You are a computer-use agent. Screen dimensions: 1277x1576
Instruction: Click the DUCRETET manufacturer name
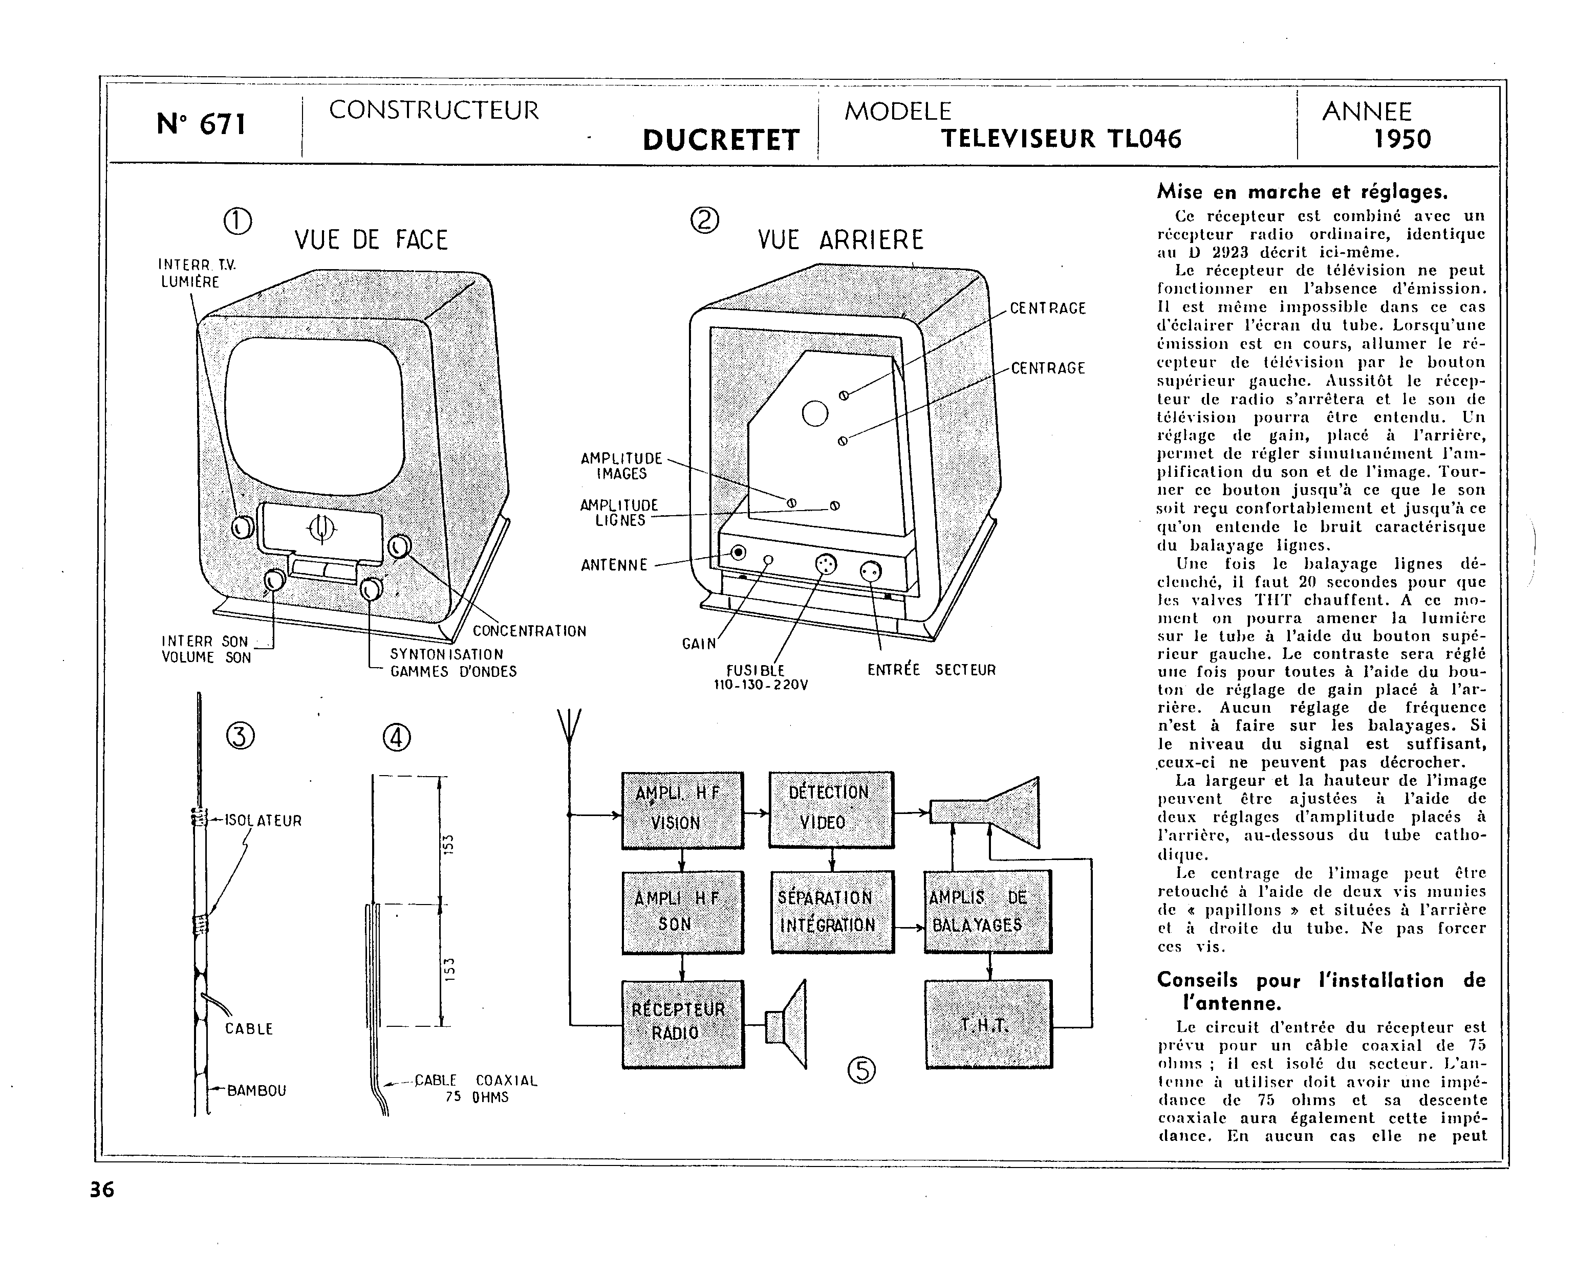click(x=720, y=140)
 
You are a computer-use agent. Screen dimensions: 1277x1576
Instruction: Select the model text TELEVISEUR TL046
click(x=1061, y=138)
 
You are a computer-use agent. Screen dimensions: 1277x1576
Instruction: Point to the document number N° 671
click(x=201, y=124)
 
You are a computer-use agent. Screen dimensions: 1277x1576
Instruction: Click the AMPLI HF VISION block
click(x=682, y=810)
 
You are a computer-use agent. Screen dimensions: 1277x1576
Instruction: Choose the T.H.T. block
click(x=987, y=1023)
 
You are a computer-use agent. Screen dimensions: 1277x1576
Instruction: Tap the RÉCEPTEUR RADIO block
click(x=682, y=1023)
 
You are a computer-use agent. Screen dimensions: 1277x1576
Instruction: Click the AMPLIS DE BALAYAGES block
click(x=987, y=911)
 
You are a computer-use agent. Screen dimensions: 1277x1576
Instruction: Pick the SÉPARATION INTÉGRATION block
click(x=832, y=911)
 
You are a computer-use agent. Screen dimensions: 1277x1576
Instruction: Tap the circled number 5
click(x=861, y=1070)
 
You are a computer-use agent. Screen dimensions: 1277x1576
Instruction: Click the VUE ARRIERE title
click(x=840, y=240)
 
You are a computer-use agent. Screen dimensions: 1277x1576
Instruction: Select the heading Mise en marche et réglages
click(x=1302, y=192)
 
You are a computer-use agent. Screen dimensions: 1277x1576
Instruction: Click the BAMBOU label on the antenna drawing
click(x=256, y=1090)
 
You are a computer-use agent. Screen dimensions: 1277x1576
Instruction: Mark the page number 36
click(x=102, y=1190)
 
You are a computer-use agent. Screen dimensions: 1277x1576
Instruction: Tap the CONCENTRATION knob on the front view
click(x=399, y=546)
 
